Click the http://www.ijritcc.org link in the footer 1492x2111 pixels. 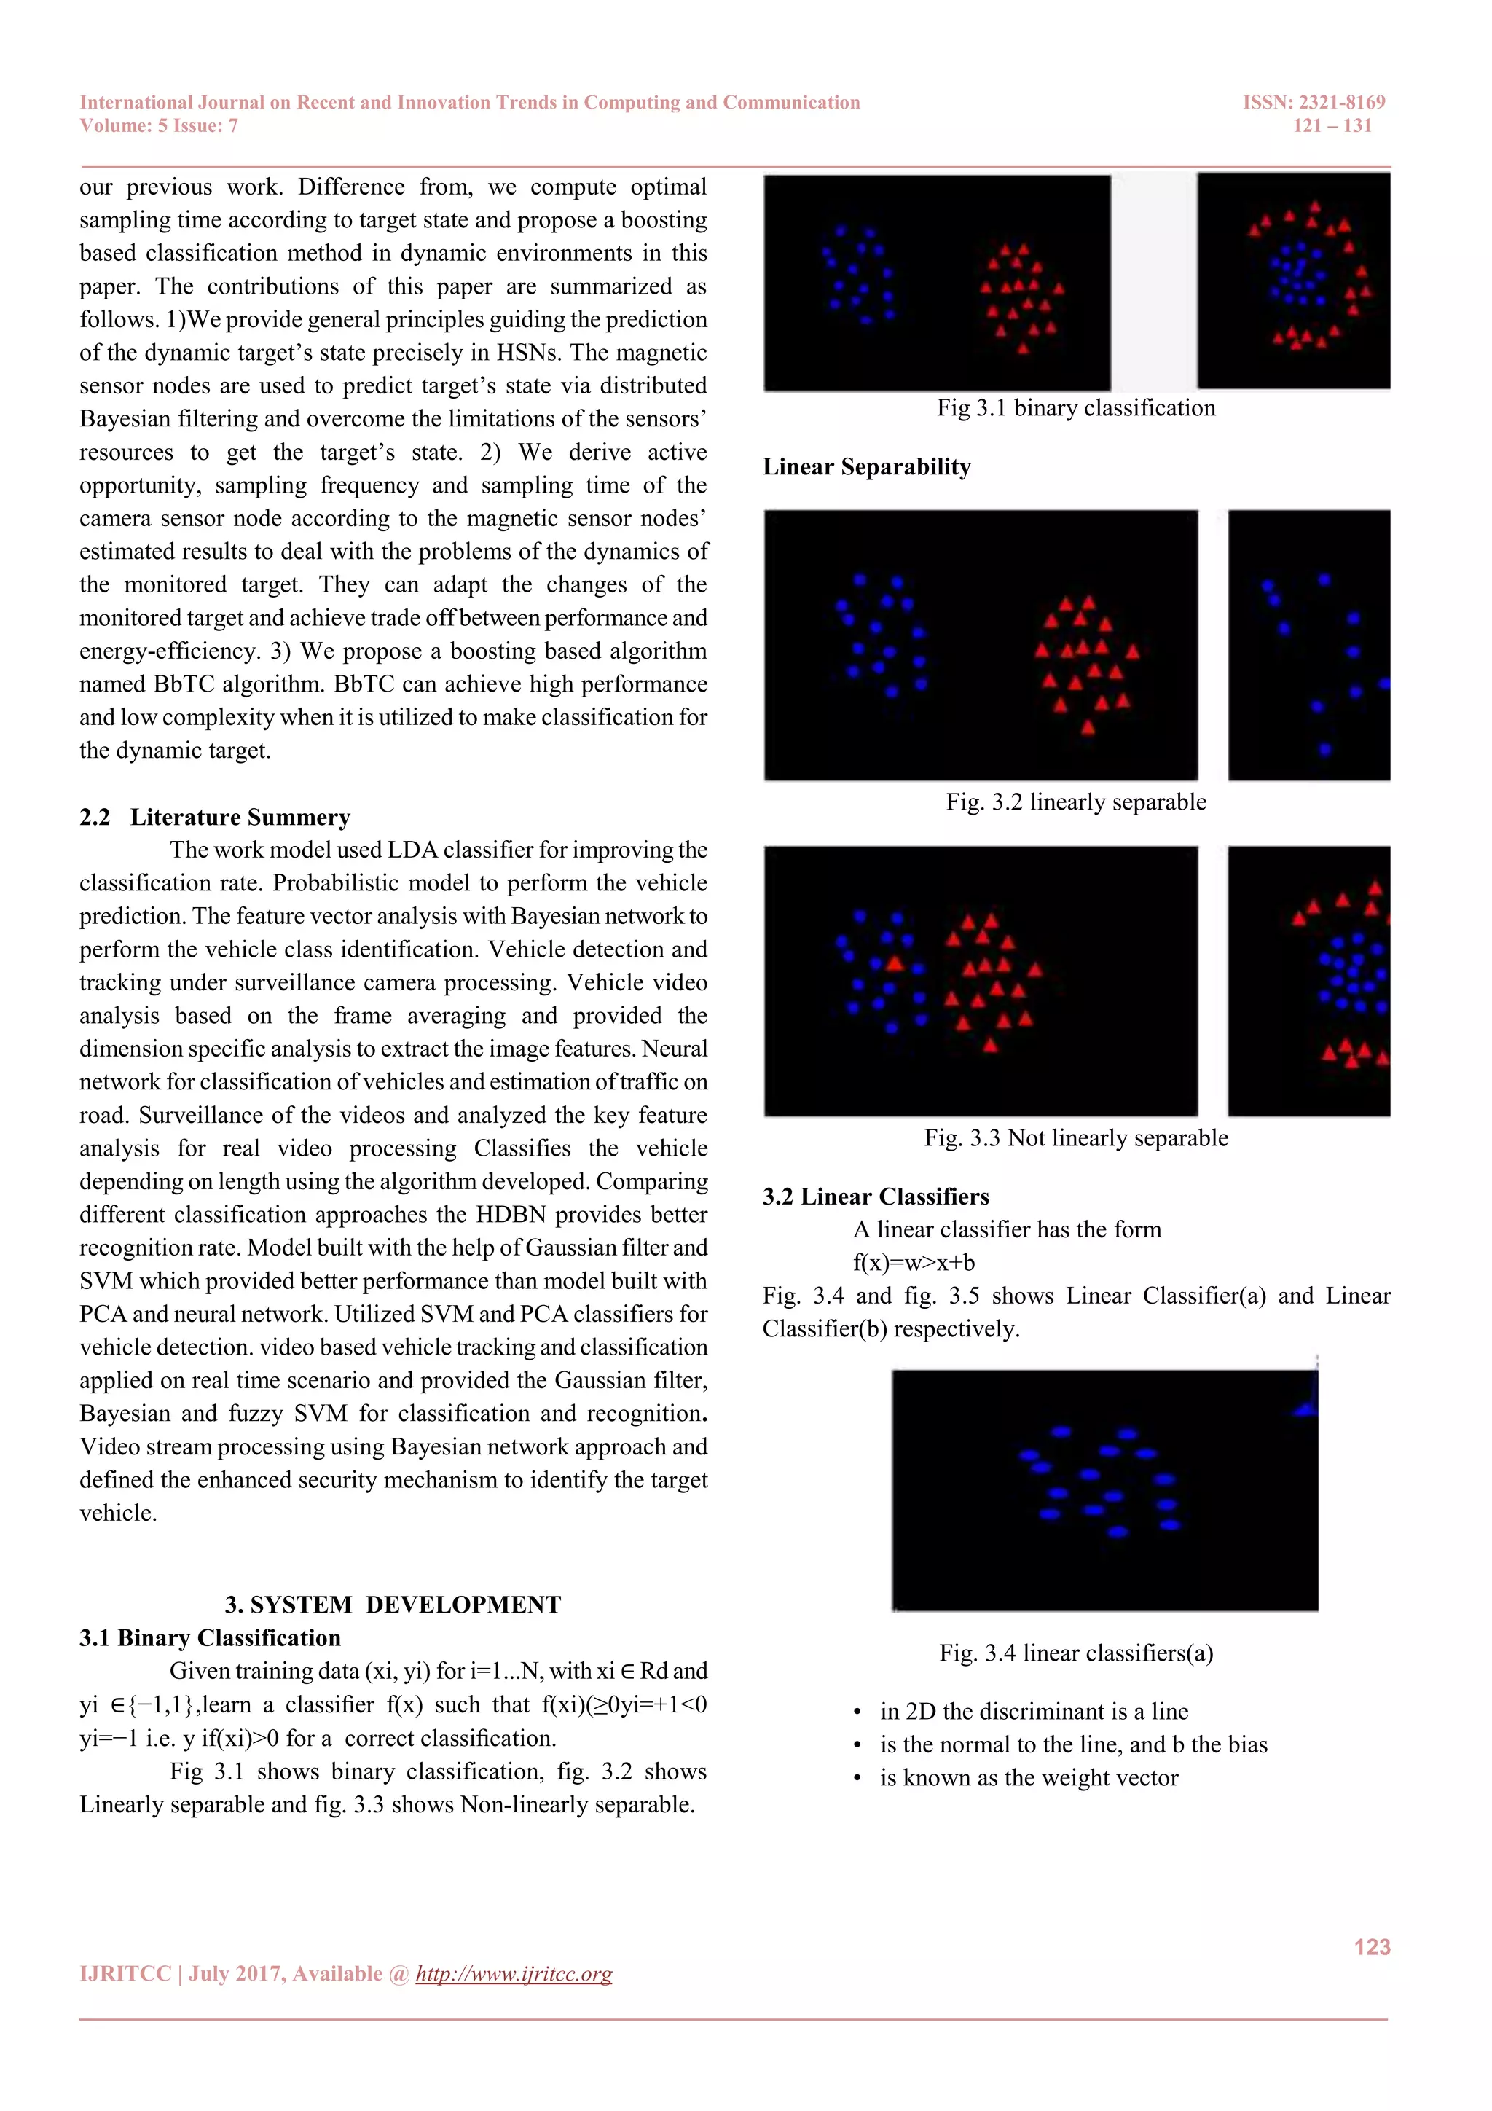[x=513, y=1973]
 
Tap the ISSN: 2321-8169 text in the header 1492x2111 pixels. [x=1313, y=102]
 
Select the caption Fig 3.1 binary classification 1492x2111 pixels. [x=1075, y=408]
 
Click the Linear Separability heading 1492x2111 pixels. [x=866, y=467]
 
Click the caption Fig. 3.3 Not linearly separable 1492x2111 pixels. [x=1075, y=1138]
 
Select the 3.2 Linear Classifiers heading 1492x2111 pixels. [x=875, y=1197]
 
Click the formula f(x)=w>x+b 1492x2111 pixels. [x=913, y=1262]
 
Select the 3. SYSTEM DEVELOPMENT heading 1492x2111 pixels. [x=393, y=1605]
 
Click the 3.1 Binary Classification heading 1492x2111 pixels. [x=210, y=1637]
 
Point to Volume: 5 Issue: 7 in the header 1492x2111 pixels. [x=158, y=126]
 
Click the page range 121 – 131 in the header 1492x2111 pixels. [x=1331, y=126]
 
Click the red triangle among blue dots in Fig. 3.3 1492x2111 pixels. [x=895, y=963]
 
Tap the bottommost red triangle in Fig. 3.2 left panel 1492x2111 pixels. [x=1088, y=727]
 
